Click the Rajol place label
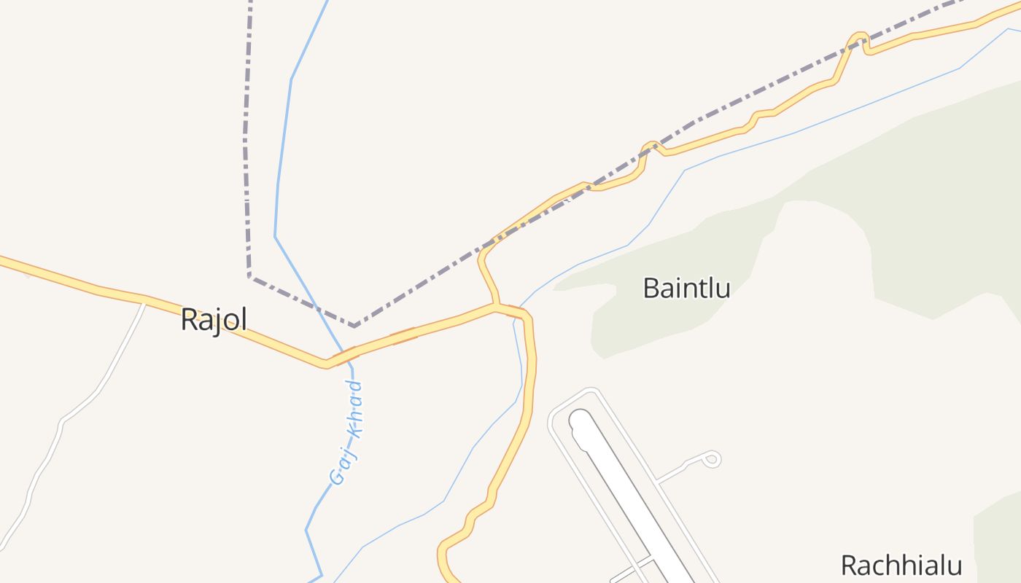click(214, 319)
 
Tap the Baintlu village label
click(686, 288)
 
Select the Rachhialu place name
click(901, 566)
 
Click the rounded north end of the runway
click(581, 419)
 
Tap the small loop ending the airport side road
click(712, 458)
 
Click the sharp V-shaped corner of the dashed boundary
click(354, 326)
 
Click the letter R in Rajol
click(189, 320)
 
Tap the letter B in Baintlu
click(651, 288)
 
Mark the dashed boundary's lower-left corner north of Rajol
click(249, 275)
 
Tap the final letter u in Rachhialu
click(954, 566)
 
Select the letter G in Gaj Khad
click(337, 478)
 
